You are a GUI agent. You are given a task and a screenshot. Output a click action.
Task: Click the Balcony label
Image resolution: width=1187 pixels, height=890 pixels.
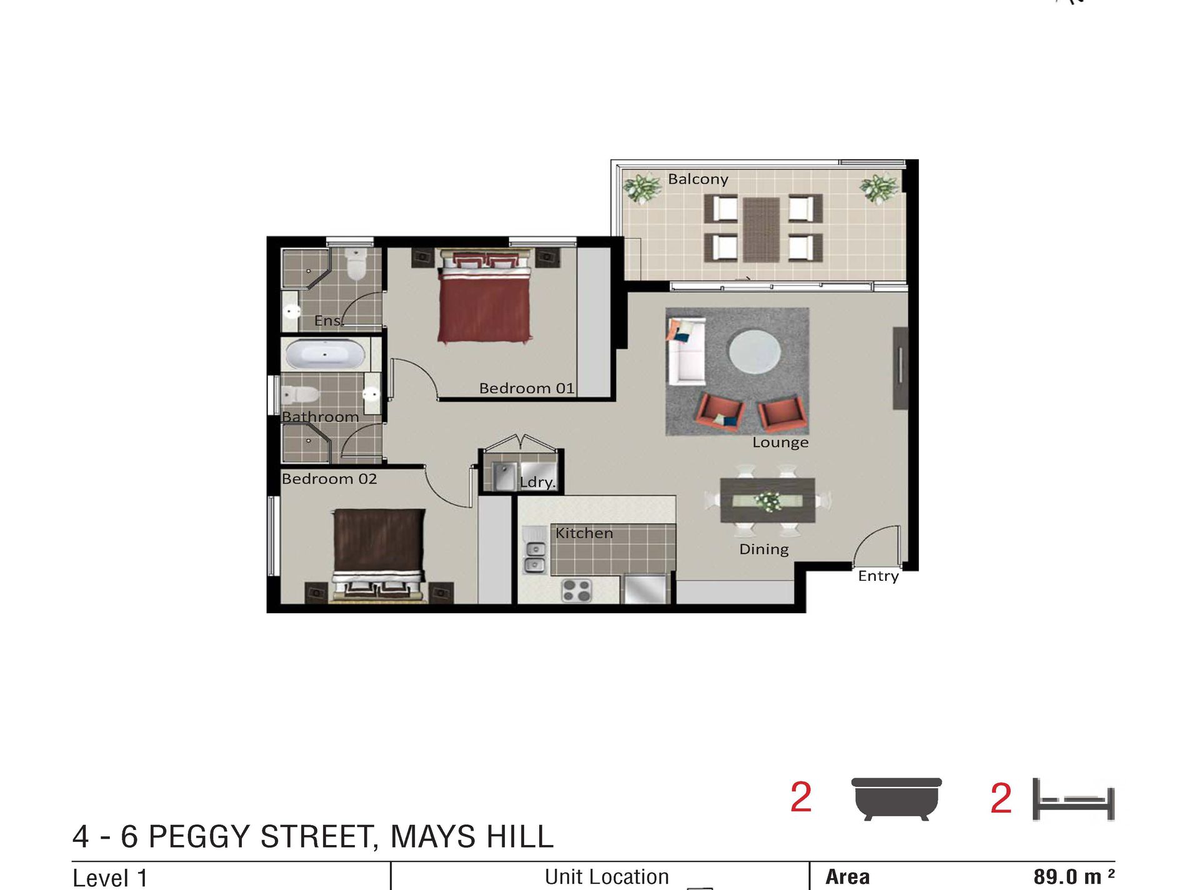click(x=698, y=179)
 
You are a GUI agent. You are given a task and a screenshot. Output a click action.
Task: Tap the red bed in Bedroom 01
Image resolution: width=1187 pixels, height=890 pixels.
click(x=485, y=300)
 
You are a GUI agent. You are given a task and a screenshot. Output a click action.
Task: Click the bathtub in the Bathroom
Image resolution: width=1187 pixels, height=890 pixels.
click(x=325, y=355)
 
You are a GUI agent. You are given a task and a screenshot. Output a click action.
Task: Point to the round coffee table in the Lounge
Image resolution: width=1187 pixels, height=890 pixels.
click(x=755, y=352)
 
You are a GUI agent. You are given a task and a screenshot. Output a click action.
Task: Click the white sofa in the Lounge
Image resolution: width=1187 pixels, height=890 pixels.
click(x=686, y=351)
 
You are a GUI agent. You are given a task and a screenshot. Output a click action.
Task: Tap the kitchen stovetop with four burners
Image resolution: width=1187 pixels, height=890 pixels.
click(x=576, y=590)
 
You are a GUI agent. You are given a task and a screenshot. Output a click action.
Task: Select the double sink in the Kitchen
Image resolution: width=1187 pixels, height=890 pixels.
click(x=535, y=557)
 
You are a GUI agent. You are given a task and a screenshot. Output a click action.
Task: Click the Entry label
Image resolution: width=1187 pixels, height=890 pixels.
click(x=878, y=576)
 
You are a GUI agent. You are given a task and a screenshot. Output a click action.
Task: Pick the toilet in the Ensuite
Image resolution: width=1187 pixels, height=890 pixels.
click(x=356, y=264)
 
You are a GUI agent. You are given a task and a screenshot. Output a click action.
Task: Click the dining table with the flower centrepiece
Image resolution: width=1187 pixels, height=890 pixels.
click(x=767, y=500)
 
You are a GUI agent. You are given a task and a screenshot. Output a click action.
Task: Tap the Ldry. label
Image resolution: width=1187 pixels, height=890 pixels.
click(x=537, y=482)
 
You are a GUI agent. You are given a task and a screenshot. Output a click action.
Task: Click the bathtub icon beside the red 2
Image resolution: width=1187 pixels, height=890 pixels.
click(x=896, y=798)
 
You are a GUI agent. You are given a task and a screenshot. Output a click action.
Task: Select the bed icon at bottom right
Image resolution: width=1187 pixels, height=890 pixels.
click(x=1073, y=799)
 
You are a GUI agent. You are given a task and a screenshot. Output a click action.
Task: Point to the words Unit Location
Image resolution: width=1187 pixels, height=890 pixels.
click(x=607, y=877)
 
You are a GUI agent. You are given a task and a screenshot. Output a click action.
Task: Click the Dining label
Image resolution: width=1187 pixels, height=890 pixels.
click(x=763, y=550)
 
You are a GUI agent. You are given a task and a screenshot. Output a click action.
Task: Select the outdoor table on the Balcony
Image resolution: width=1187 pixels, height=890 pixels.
click(x=762, y=229)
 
